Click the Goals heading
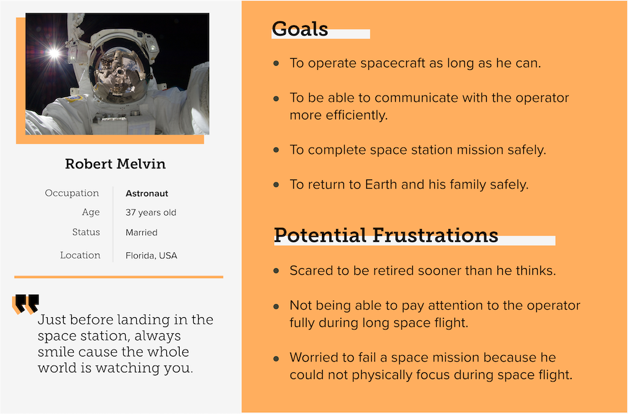click(x=300, y=29)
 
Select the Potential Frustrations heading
click(x=386, y=235)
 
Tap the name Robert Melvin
click(x=115, y=164)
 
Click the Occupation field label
click(x=72, y=193)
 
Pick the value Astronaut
click(x=147, y=194)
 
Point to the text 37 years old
click(x=151, y=213)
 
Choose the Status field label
click(x=86, y=232)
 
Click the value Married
click(x=142, y=232)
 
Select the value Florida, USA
click(x=151, y=255)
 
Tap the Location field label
click(x=80, y=255)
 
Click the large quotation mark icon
click(x=26, y=304)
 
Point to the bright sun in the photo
click(x=54, y=53)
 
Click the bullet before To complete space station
click(x=276, y=150)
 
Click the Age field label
click(x=91, y=213)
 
